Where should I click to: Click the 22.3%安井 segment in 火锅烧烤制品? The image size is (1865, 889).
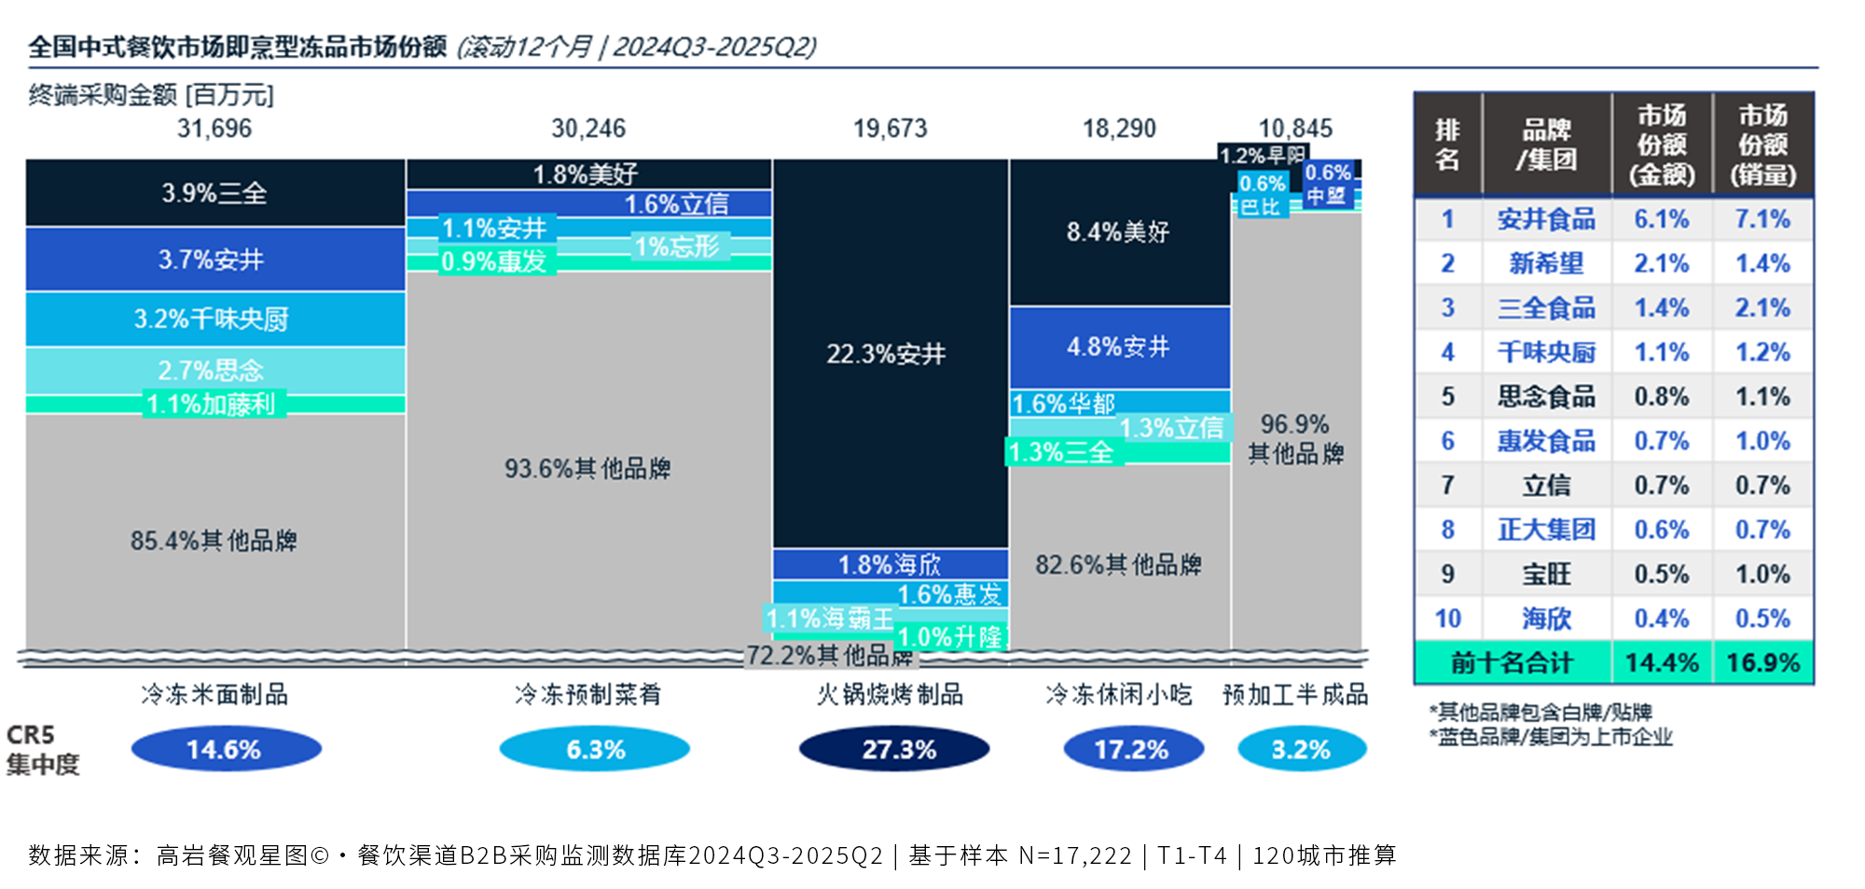click(x=887, y=354)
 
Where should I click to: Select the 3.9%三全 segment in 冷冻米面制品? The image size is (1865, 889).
click(x=214, y=193)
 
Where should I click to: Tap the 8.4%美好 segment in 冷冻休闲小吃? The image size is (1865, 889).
click(x=1118, y=231)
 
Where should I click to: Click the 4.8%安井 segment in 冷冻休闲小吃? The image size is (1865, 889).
click(x=1118, y=347)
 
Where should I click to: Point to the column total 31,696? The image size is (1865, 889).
click(x=214, y=129)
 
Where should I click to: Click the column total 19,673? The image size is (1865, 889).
click(x=891, y=129)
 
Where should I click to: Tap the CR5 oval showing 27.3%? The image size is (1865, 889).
click(x=895, y=749)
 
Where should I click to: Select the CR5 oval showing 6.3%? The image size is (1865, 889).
click(x=595, y=749)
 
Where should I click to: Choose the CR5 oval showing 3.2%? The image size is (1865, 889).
click(x=1301, y=749)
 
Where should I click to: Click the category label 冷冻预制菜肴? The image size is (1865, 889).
click(x=587, y=695)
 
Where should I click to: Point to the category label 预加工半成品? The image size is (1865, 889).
click(x=1295, y=695)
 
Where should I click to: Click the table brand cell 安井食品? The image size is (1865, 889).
click(x=1546, y=219)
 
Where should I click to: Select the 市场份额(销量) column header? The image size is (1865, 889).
click(x=1762, y=145)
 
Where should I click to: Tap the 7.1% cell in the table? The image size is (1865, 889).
click(x=1762, y=219)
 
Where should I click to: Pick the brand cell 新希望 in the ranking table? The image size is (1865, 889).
click(x=1546, y=263)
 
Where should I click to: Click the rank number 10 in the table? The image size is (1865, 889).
click(x=1447, y=618)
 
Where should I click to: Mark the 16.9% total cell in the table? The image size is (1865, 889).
click(x=1762, y=663)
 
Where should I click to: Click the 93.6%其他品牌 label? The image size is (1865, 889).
click(x=587, y=468)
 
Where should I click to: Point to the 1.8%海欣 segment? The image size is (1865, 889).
click(x=890, y=564)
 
